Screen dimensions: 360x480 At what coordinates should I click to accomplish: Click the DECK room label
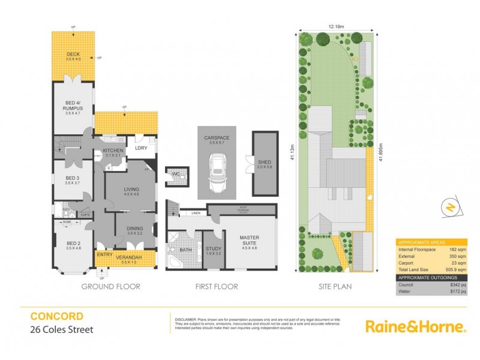(73, 55)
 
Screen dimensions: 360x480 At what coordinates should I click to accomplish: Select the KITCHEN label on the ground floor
(113, 151)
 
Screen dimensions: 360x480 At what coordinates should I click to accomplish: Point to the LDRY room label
(142, 148)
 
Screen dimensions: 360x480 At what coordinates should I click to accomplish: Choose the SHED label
(264, 163)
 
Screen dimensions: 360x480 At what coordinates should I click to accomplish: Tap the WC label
(176, 174)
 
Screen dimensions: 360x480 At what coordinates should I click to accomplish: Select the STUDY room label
(213, 250)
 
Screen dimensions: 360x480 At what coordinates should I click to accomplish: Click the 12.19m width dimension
(337, 25)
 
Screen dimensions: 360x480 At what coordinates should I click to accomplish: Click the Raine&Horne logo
(415, 326)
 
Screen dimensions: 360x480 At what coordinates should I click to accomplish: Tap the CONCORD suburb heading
(57, 316)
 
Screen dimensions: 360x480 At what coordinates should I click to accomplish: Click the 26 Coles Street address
(62, 329)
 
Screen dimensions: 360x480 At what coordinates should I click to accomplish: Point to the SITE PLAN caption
(335, 287)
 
